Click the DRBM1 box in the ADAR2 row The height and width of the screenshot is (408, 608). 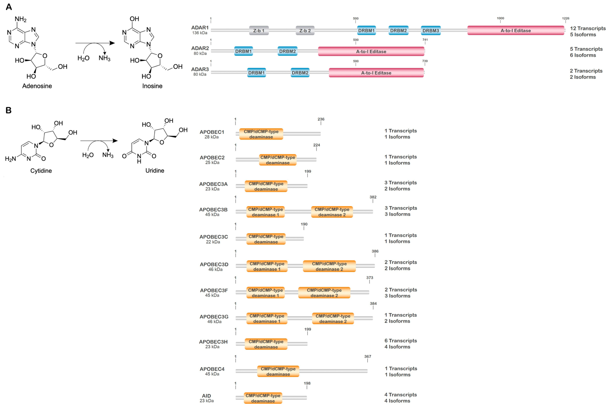point(243,51)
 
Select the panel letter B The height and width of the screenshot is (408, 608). point(9,110)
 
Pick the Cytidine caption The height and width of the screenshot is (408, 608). point(41,171)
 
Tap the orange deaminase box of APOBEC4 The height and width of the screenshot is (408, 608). point(278,371)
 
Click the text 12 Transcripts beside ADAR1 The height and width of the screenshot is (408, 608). point(588,28)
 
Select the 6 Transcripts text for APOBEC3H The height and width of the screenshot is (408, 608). point(400,341)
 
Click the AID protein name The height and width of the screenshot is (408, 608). point(207,396)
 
